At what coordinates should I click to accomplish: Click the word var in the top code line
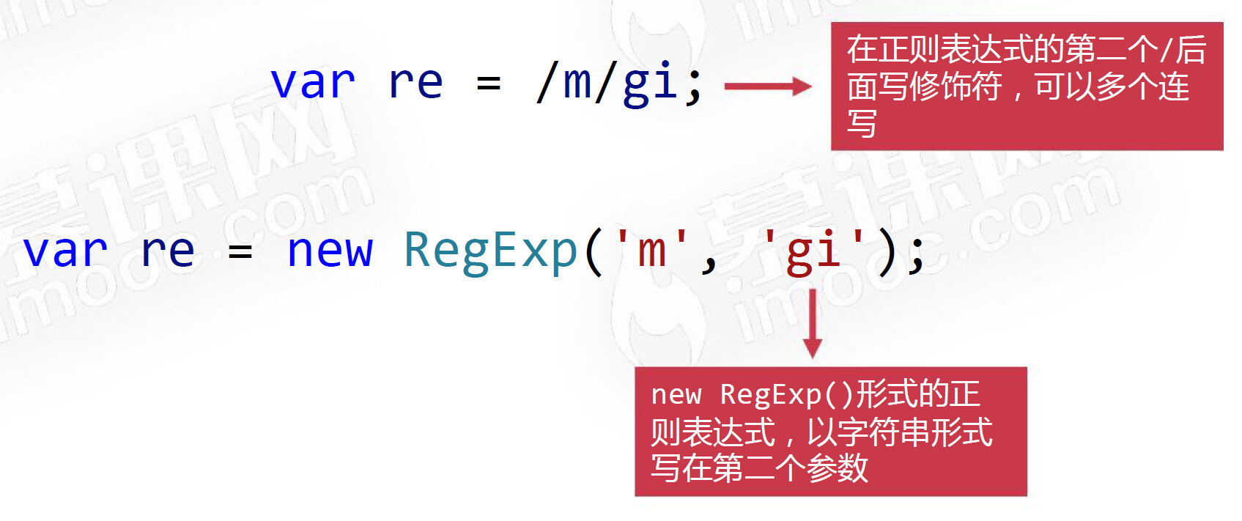pos(313,82)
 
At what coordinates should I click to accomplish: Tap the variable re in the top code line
pos(415,82)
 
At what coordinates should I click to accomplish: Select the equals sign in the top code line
pos(489,83)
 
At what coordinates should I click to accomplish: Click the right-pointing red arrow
pos(767,86)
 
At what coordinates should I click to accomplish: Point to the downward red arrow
pos(812,323)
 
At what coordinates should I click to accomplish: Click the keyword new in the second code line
pos(330,251)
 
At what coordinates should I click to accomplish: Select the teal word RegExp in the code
pos(491,251)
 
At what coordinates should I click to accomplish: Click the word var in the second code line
pos(65,251)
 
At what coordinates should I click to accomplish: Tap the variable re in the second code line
pos(168,251)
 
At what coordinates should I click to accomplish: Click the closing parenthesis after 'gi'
pos(887,251)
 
